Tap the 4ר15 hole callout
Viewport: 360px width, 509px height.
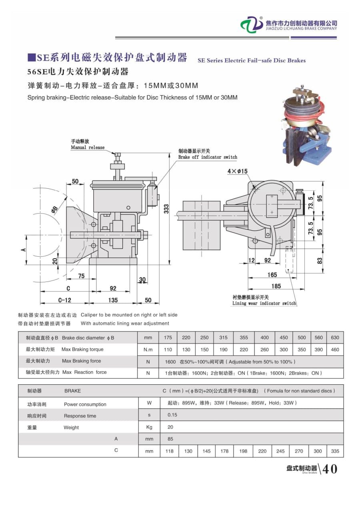pyautogui.click(x=238, y=171)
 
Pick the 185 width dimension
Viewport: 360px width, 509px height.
pyautogui.click(x=276, y=286)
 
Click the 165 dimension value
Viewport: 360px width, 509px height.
pyautogui.click(x=272, y=275)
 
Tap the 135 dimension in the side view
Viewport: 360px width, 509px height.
pyautogui.click(x=113, y=300)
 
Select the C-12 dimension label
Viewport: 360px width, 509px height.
pyautogui.click(x=64, y=300)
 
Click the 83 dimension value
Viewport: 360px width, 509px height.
pyautogui.click(x=320, y=261)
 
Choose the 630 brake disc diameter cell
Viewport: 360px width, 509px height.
pyautogui.click(x=335, y=337)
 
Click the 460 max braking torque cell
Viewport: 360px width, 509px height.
pyautogui.click(x=335, y=349)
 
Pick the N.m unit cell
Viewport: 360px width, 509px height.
pyautogui.click(x=148, y=349)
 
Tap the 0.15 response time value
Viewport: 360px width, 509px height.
pyautogui.click(x=172, y=415)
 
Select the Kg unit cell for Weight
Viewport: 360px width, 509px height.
pyautogui.click(x=149, y=427)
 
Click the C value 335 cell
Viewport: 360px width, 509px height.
pyautogui.click(x=335, y=451)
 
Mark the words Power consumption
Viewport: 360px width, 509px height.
pyautogui.click(x=85, y=404)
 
